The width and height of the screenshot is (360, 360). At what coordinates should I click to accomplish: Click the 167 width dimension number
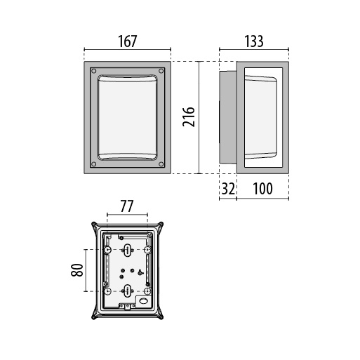[x=127, y=41]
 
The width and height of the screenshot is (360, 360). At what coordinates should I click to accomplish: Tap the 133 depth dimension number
[x=254, y=41]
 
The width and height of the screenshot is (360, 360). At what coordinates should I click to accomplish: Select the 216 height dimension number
[x=189, y=117]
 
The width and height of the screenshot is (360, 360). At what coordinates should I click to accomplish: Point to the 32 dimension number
[x=228, y=189]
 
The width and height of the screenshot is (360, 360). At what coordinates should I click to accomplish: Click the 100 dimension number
[x=262, y=189]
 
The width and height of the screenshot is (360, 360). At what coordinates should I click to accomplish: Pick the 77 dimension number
[x=127, y=206]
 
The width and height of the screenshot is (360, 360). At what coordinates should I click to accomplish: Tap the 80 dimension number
[x=77, y=270]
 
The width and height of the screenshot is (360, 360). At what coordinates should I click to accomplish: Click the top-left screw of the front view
[x=94, y=71]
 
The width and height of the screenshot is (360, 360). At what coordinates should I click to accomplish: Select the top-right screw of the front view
[x=161, y=71]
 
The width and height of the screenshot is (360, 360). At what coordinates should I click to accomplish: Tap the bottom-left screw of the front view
[x=94, y=164]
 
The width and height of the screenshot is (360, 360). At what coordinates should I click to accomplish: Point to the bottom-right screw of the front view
[x=161, y=164]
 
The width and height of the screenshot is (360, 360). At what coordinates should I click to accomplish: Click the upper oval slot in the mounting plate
[x=128, y=250]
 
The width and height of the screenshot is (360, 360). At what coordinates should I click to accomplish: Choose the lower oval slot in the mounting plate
[x=128, y=291]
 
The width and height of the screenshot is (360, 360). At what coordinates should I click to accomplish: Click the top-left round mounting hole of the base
[x=107, y=250]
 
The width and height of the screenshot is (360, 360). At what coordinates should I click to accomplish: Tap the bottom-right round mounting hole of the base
[x=147, y=291]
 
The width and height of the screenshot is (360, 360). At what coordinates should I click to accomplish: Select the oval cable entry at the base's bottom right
[x=143, y=301]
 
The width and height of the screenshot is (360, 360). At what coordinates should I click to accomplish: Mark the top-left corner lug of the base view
[x=93, y=224]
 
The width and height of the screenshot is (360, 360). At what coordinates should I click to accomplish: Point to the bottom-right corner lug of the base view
[x=161, y=317]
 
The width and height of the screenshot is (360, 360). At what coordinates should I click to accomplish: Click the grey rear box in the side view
[x=228, y=117]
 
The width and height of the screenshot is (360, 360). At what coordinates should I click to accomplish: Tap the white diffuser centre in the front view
[x=127, y=117]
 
